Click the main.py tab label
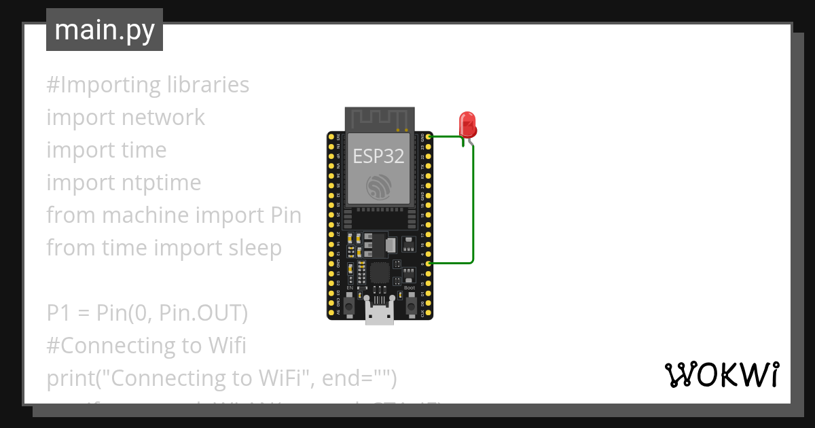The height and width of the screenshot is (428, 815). click(x=104, y=30)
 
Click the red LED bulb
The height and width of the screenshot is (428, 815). click(x=468, y=124)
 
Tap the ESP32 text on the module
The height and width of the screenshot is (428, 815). click(x=378, y=156)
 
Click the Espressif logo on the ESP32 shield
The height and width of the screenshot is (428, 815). click(x=378, y=187)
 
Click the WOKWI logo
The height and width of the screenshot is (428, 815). click(x=721, y=374)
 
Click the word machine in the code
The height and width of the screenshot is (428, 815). click(x=145, y=215)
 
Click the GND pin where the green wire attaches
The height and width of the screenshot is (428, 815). click(x=429, y=137)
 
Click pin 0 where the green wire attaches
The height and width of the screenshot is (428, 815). click(x=429, y=264)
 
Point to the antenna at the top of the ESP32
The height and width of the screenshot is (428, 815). click(x=378, y=120)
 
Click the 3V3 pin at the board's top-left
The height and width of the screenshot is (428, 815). click(x=331, y=137)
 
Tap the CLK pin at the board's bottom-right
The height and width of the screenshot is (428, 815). click(x=429, y=314)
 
